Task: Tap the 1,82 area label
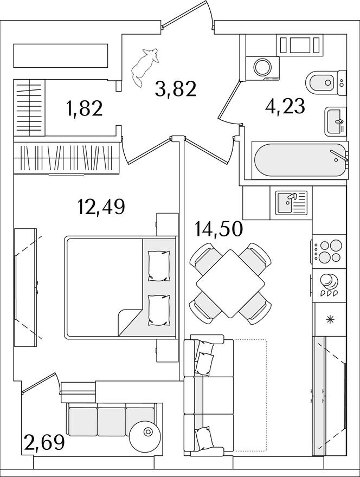[x=84, y=108]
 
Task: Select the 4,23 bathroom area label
[x=285, y=106]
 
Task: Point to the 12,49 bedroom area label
[x=101, y=207]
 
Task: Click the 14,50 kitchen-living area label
[x=219, y=229]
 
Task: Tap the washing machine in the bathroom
[x=262, y=68]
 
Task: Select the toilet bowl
[x=326, y=82]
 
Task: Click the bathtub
[x=300, y=160]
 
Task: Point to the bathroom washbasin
[x=336, y=121]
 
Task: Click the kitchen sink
[x=292, y=202]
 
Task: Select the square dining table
[x=230, y=283]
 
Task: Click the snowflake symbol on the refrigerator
[x=330, y=319]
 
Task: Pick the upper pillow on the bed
[x=159, y=266]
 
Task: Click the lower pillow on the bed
[x=159, y=310]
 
